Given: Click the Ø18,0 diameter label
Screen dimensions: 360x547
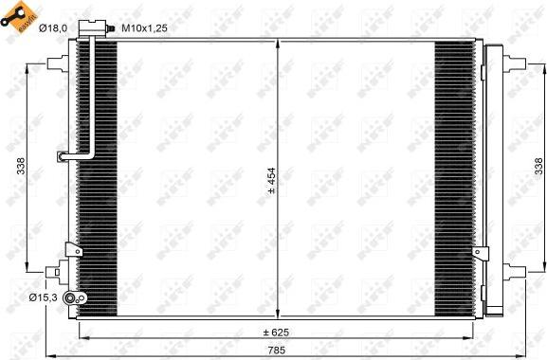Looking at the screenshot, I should pos(52,29).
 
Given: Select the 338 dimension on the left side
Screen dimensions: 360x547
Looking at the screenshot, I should pos(20,167).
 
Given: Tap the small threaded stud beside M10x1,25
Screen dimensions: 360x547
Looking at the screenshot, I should pos(111,29).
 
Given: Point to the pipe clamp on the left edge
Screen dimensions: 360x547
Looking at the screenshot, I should pos(63,157).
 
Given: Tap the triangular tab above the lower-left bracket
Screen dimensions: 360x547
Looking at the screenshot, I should pos(69,249).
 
